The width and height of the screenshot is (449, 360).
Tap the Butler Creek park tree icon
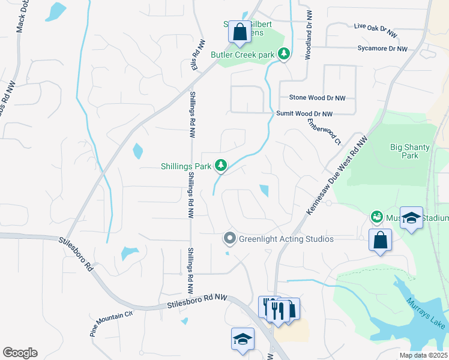click(x=284, y=55)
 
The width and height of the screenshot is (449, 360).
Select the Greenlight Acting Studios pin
click(x=229, y=239)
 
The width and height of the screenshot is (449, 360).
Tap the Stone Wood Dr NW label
click(x=318, y=97)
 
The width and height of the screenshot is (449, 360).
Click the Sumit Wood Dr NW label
click(x=304, y=113)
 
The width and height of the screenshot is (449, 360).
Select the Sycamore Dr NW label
click(x=382, y=49)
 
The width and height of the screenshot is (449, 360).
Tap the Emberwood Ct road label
click(x=324, y=131)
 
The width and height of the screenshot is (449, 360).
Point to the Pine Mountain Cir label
click(x=112, y=323)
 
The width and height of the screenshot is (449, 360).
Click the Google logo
click(x=20, y=353)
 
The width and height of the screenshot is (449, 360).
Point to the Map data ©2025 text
click(x=423, y=355)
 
